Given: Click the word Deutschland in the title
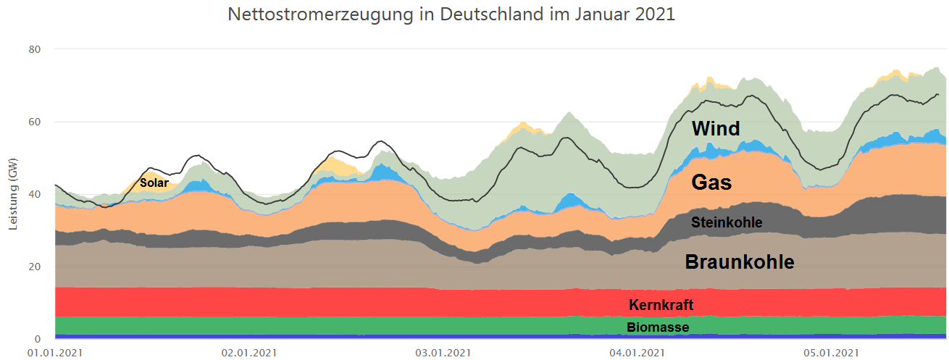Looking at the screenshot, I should pyautogui.click(x=486, y=14).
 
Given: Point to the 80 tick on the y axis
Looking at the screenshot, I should pyautogui.click(x=35, y=49).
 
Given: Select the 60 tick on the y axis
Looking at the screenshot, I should pyautogui.click(x=35, y=122).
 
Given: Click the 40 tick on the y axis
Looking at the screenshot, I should pyautogui.click(x=35, y=194).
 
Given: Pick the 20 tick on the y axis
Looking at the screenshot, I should pyautogui.click(x=35, y=267).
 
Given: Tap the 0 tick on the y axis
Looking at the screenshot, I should pyautogui.click(x=38, y=339).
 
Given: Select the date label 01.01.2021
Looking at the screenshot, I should pyautogui.click(x=55, y=353).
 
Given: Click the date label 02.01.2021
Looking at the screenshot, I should pyautogui.click(x=248, y=353).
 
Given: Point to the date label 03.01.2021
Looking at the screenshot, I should pyautogui.click(x=441, y=353).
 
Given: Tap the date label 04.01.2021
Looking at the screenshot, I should pyautogui.click(x=635, y=353).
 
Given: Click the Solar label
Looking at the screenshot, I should pyautogui.click(x=154, y=183).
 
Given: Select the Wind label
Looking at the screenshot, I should pyautogui.click(x=716, y=129).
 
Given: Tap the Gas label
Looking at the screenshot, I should pyautogui.click(x=711, y=183).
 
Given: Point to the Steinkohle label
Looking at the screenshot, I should pyautogui.click(x=727, y=222).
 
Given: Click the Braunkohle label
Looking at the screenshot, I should pyautogui.click(x=740, y=262).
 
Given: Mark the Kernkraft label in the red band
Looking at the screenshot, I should pyautogui.click(x=661, y=305).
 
